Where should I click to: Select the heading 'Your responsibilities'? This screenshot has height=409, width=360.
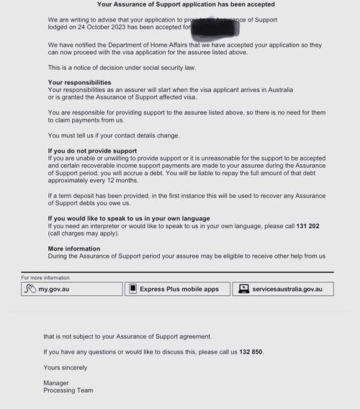(x=79, y=83)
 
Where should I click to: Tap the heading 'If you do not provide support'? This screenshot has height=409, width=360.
(x=92, y=151)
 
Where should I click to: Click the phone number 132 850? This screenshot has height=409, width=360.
(x=251, y=352)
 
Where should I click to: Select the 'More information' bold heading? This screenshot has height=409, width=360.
(x=74, y=248)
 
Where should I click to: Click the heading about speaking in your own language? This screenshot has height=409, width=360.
(x=129, y=218)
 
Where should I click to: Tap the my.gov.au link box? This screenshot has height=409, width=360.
(x=72, y=289)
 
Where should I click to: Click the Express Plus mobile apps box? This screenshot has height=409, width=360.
(x=178, y=289)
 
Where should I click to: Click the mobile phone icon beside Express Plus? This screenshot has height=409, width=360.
(x=132, y=289)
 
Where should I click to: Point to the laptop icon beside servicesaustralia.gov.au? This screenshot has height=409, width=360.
(x=244, y=289)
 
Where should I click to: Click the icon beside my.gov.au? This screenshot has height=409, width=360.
(x=30, y=289)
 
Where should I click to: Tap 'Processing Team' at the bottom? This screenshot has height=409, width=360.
(x=68, y=390)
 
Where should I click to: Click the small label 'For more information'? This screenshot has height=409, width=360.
(x=46, y=277)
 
